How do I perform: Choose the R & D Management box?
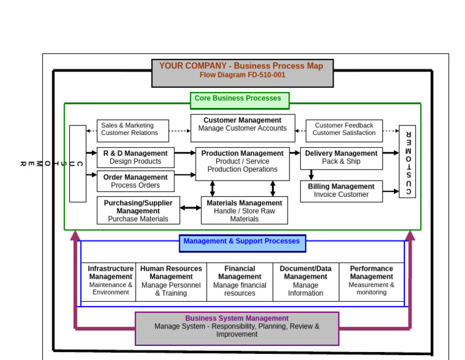(135, 158)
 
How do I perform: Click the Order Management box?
(135, 181)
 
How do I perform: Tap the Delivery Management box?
(341, 158)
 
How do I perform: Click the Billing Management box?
(341, 191)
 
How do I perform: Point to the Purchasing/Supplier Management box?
(138, 210)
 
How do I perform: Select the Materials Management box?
(244, 210)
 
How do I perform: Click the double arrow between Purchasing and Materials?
(190, 208)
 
